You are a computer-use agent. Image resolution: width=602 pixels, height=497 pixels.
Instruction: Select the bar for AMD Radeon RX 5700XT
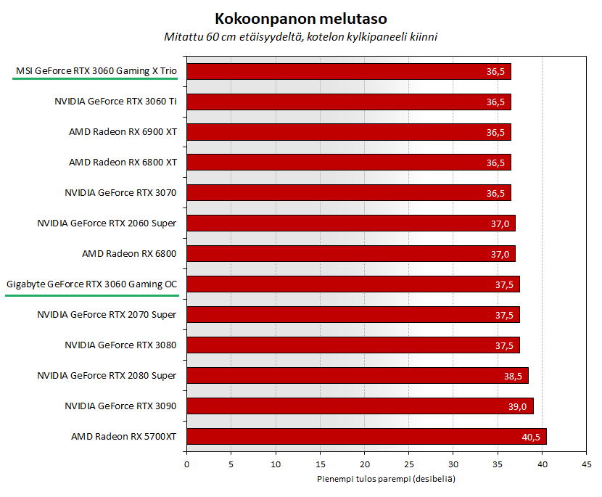pyautogui.click(x=366, y=437)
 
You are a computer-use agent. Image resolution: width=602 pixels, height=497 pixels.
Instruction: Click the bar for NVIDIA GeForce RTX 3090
pyautogui.click(x=360, y=406)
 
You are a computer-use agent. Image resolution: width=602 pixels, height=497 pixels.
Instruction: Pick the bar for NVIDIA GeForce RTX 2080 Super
pyautogui.click(x=357, y=376)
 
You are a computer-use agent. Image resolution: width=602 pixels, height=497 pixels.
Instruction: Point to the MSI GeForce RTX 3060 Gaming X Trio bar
pyautogui.click(x=348, y=71)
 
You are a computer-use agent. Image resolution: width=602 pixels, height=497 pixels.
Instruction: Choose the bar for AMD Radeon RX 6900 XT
pyautogui.click(x=348, y=132)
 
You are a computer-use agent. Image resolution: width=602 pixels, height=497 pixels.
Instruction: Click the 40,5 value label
pyautogui.click(x=529, y=437)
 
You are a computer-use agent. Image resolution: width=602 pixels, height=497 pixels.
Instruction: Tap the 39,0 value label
pyautogui.click(x=517, y=406)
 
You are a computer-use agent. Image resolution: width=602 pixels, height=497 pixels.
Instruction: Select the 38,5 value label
pyautogui.click(x=513, y=376)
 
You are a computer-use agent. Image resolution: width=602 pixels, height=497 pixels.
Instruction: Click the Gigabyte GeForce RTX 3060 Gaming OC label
pyautogui.click(x=91, y=284)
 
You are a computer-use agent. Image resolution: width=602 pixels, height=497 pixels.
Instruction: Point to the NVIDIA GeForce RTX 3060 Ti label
pyautogui.click(x=115, y=102)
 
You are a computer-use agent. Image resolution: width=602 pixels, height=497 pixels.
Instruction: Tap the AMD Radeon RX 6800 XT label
pyautogui.click(x=123, y=163)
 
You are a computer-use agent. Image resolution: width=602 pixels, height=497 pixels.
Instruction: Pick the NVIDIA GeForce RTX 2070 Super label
pyautogui.click(x=107, y=315)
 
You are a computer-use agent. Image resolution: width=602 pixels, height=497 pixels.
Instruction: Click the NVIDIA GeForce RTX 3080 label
pyautogui.click(x=120, y=345)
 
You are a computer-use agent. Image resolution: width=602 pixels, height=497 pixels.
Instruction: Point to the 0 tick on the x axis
pyautogui.click(x=186, y=464)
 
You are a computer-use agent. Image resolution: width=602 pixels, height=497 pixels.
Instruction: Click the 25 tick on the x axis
pyautogui.click(x=409, y=464)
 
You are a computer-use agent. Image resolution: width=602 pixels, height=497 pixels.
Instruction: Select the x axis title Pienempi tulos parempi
pyautogui.click(x=386, y=480)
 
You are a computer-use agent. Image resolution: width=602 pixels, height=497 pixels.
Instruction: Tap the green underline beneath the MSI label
pyautogui.click(x=96, y=82)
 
